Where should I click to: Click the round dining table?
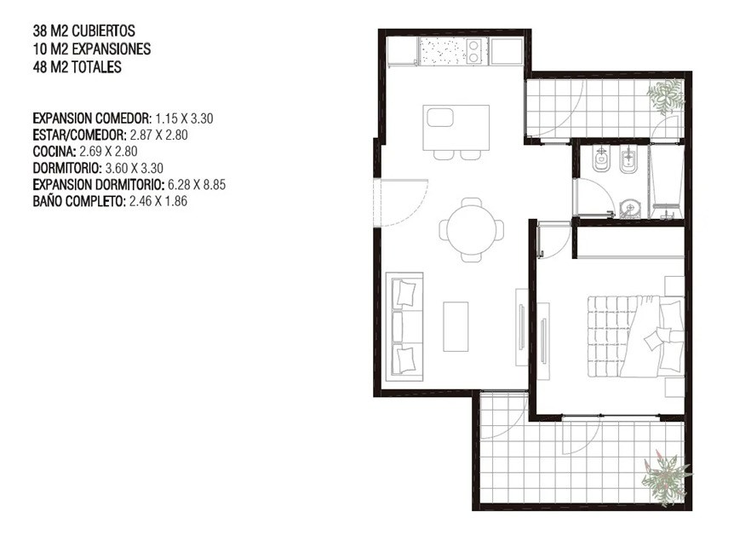(x=472, y=230)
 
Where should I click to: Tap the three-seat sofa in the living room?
(x=404, y=327)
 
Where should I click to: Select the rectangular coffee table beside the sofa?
(x=456, y=326)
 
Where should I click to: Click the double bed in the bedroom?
(x=636, y=336)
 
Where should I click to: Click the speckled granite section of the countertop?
(x=443, y=51)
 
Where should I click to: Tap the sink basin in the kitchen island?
(x=440, y=118)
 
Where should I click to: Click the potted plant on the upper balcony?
(x=666, y=96)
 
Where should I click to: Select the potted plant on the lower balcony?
(x=666, y=480)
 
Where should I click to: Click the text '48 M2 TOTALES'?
(x=77, y=67)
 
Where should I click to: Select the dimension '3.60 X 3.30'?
(x=135, y=168)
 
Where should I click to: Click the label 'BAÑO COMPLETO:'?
(x=78, y=201)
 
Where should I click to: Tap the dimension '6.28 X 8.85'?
(x=197, y=185)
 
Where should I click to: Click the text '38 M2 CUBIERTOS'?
(x=83, y=31)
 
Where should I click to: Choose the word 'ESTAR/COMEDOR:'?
(x=79, y=135)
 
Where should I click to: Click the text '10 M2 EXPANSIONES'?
(x=92, y=49)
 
